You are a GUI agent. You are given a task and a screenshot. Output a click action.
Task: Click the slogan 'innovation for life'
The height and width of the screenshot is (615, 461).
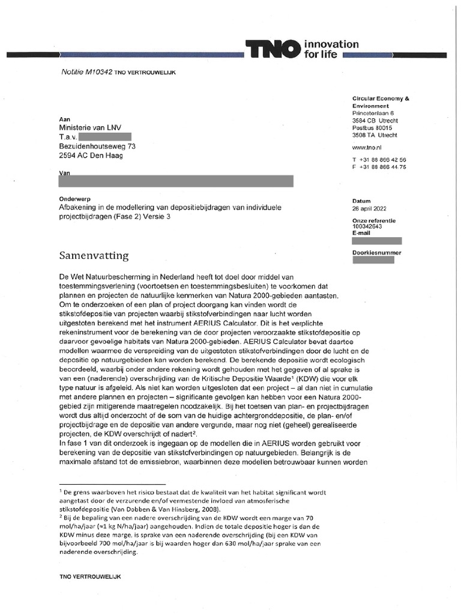pyautogui.click(x=331, y=49)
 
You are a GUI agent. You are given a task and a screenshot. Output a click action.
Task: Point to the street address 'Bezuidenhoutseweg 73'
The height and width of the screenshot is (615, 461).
pyautogui.click(x=97, y=146)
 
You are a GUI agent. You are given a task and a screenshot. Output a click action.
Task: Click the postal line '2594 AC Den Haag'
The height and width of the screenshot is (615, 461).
pyautogui.click(x=90, y=156)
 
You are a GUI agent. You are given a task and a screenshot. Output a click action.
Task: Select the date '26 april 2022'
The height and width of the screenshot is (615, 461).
pyautogui.click(x=371, y=209)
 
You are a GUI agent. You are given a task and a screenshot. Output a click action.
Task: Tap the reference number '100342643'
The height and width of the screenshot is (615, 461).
pyautogui.click(x=368, y=228)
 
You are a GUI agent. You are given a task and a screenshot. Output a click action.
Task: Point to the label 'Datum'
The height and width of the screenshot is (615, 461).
pyautogui.click(x=362, y=201)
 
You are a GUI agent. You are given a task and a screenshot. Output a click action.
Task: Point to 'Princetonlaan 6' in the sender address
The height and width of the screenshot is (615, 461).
pyautogui.click(x=373, y=113)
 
